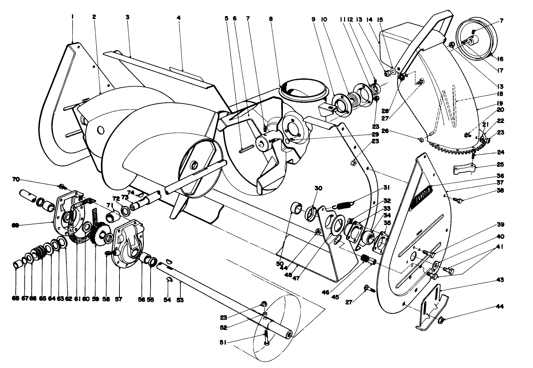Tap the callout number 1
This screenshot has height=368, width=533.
click(72, 17)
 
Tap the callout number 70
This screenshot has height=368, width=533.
click(15, 179)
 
